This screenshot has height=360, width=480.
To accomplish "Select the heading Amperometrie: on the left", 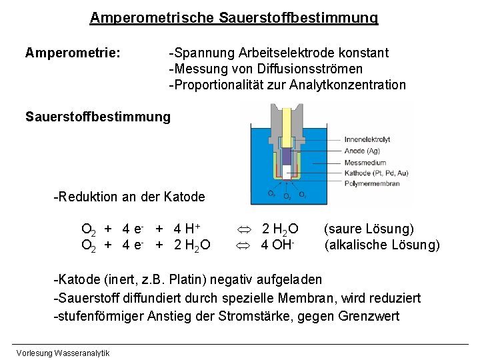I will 73,52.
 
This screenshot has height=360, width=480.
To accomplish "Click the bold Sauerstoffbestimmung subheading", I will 98,117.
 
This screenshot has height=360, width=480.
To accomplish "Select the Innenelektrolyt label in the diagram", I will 367,139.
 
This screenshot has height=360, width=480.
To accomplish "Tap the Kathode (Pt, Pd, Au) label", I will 375,173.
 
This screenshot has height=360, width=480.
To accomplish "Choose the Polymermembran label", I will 370,183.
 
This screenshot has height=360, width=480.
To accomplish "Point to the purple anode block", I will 287,155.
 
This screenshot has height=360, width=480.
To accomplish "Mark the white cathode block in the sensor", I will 287,171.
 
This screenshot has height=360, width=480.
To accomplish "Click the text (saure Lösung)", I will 369,229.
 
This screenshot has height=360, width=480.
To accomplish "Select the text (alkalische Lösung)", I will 382,245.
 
